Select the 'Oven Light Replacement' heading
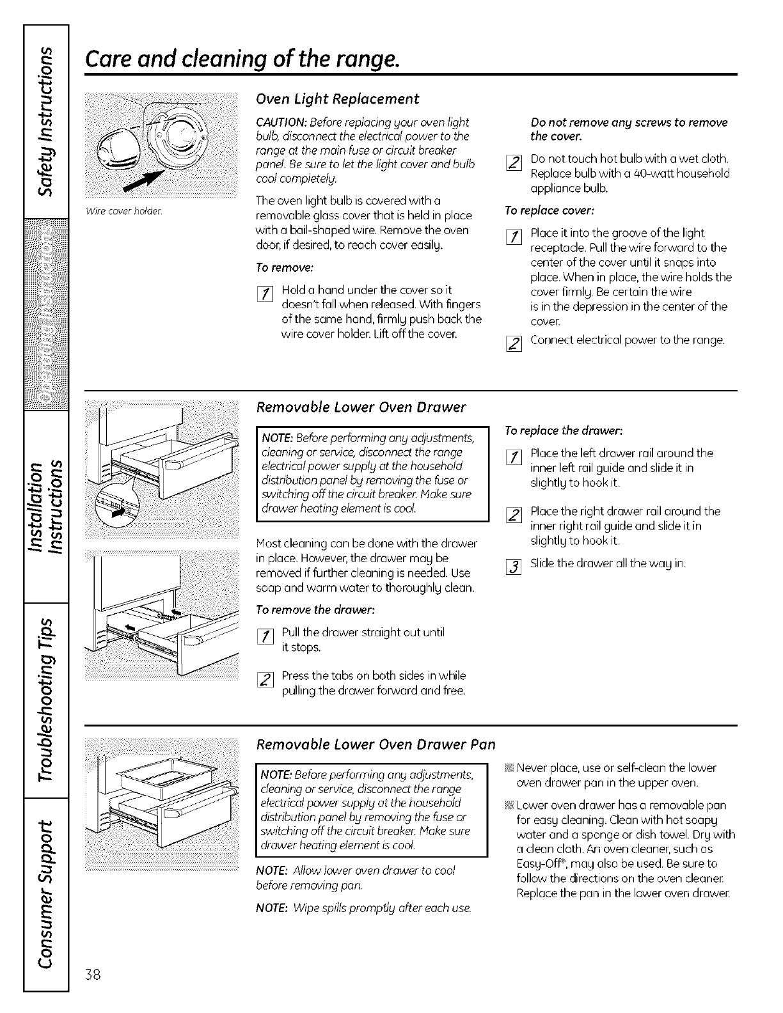[337, 98]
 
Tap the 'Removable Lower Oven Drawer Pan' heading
[376, 744]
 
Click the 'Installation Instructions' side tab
[45, 508]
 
